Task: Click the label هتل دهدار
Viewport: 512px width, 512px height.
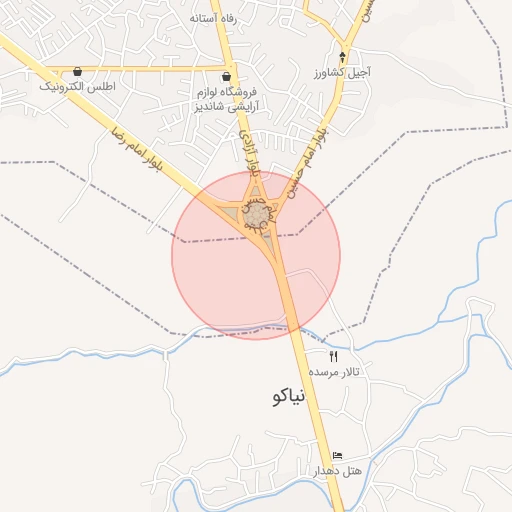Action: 336,470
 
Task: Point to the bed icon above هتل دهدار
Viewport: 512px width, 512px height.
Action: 337,455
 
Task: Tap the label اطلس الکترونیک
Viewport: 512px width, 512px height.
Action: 78,87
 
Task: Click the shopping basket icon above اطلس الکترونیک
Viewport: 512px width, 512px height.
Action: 78,71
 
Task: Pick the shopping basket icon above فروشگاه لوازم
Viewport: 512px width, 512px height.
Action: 227,76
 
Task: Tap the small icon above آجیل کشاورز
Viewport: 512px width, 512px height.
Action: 343,56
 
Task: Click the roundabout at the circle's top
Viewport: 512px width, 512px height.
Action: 257,215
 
